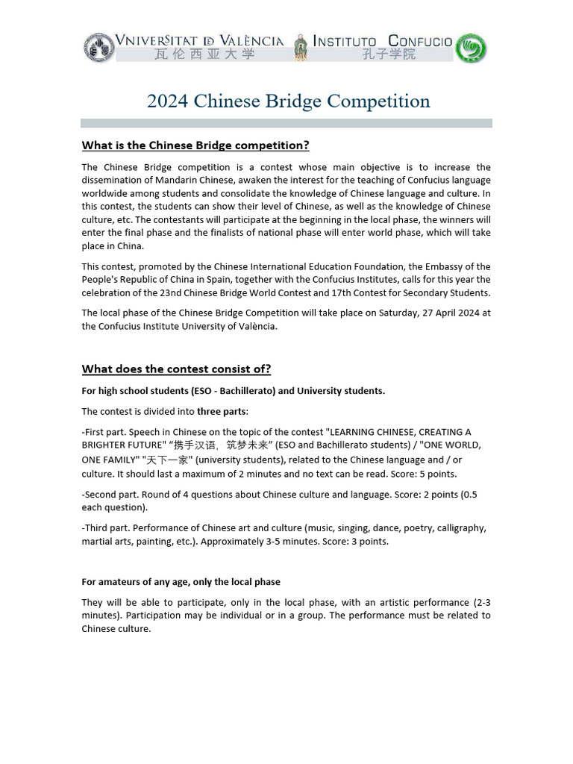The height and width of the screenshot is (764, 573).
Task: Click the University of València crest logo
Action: pos(99,47)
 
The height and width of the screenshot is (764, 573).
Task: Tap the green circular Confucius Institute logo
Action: pos(471,48)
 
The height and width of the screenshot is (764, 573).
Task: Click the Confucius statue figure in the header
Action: pos(300,48)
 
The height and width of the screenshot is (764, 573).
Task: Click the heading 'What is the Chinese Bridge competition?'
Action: pos(195,145)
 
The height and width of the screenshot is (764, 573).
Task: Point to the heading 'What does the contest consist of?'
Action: pos(176,369)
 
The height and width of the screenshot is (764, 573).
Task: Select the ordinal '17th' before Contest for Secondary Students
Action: pos(354,292)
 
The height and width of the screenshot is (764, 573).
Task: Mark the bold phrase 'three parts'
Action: pos(221,411)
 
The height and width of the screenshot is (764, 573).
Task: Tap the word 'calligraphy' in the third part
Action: pos(462,528)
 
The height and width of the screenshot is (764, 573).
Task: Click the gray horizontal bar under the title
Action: pos(286,123)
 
